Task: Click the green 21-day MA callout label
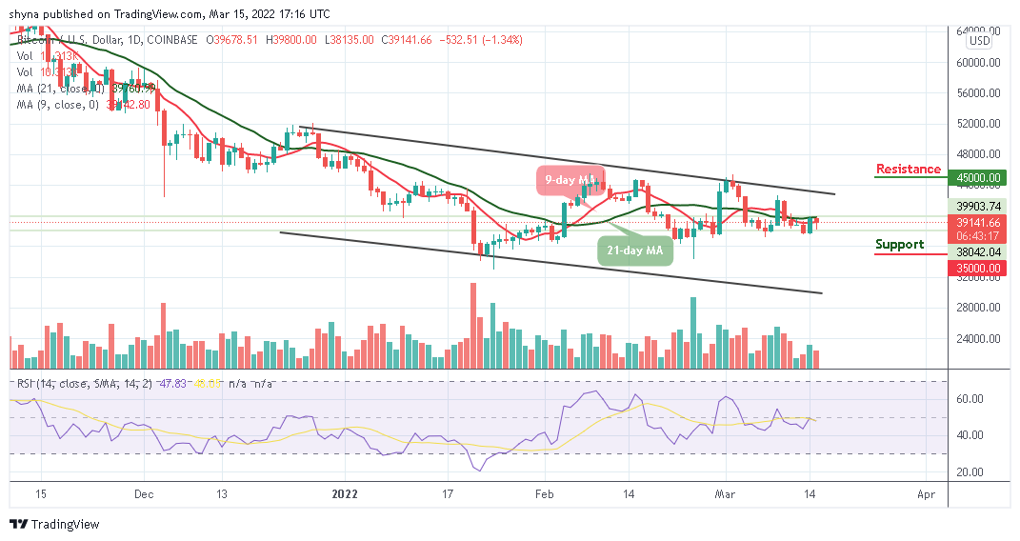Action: (635, 250)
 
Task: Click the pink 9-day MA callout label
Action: (569, 177)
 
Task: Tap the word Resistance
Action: (908, 170)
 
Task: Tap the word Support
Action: (899, 244)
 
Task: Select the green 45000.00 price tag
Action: (979, 177)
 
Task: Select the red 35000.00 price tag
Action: (979, 269)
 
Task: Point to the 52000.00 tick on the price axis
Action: (978, 124)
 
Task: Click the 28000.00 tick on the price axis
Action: (978, 308)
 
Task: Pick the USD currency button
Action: (979, 41)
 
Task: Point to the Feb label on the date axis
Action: (545, 495)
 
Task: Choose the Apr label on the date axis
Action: (924, 495)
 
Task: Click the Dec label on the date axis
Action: (144, 495)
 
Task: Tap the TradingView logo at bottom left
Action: (55, 524)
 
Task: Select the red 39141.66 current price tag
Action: (979, 222)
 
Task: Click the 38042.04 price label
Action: (979, 251)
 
